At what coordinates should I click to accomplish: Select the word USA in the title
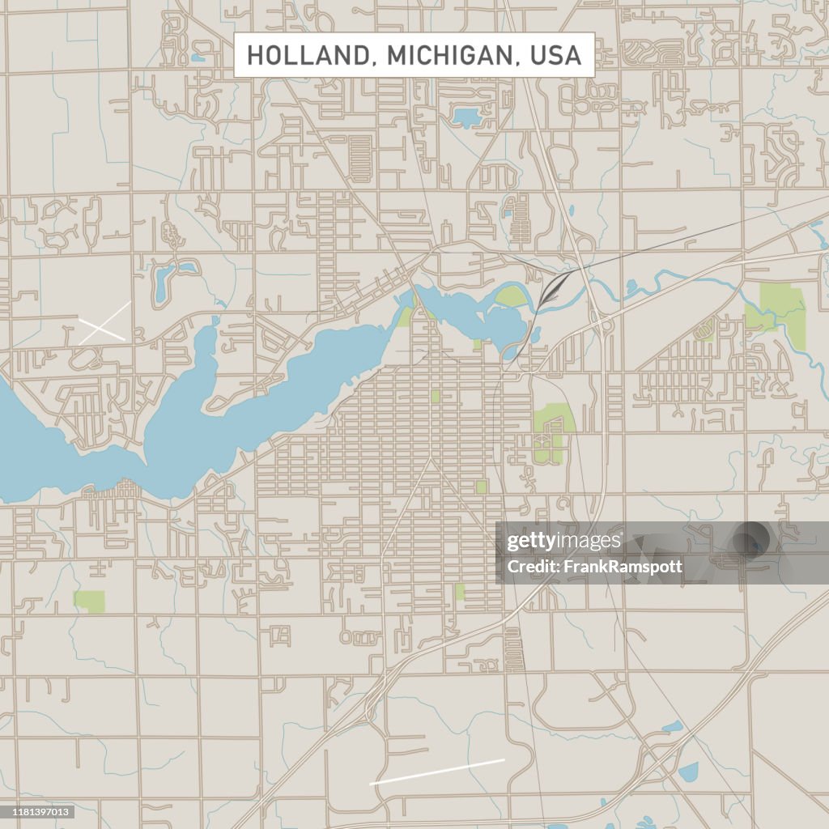click(556, 55)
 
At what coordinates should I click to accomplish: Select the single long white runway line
click(437, 772)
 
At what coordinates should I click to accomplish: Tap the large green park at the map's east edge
click(782, 312)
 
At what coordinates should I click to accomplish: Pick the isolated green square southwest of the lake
click(89, 601)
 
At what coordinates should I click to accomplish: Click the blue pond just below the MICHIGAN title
click(466, 117)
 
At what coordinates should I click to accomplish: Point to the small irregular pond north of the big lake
click(167, 279)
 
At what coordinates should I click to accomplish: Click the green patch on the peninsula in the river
click(510, 296)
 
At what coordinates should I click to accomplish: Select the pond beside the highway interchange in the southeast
click(687, 772)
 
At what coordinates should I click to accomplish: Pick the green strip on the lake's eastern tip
click(405, 316)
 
